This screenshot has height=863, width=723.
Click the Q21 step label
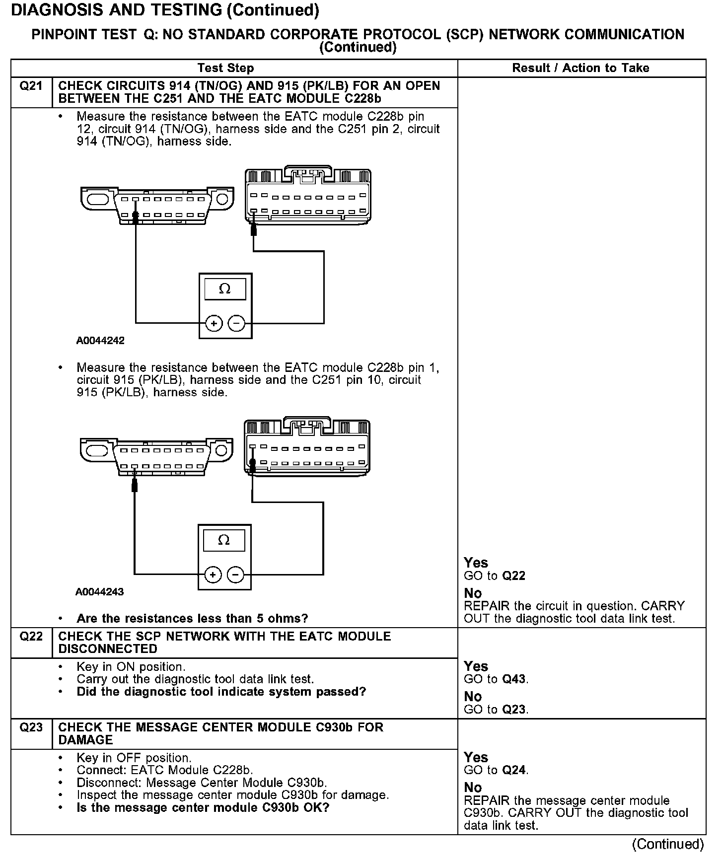[x=31, y=86]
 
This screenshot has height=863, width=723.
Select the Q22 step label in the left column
[x=31, y=637]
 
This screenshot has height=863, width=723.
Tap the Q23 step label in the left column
[x=31, y=728]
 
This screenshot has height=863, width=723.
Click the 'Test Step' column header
[x=225, y=68]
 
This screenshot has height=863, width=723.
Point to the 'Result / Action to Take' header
[x=580, y=68]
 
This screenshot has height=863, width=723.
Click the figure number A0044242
[x=100, y=341]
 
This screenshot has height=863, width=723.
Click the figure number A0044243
[x=99, y=592]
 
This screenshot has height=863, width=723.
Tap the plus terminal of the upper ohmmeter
[x=214, y=324]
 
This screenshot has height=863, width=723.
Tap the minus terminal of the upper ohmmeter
[x=236, y=324]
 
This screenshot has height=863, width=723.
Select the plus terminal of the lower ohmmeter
[x=213, y=575]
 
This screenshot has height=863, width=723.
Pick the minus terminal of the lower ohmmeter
[x=235, y=575]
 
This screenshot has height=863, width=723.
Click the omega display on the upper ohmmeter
[x=225, y=289]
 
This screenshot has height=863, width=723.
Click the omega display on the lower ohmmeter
[x=224, y=540]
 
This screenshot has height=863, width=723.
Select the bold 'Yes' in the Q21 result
[x=476, y=563]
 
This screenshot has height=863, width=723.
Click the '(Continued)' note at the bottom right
[x=668, y=844]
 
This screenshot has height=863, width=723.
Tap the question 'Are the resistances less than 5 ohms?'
[x=192, y=619]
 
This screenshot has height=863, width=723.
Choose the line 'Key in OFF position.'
[x=134, y=758]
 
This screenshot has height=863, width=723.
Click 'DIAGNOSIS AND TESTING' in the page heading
[x=117, y=10]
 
